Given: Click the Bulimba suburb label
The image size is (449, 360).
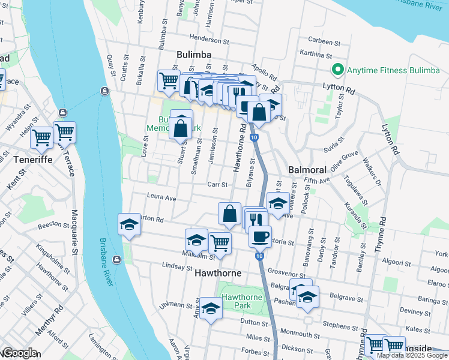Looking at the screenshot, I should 193,55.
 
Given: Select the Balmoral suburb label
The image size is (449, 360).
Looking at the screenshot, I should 307,170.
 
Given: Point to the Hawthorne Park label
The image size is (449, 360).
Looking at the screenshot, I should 242,302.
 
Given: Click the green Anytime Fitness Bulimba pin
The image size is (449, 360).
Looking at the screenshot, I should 339,70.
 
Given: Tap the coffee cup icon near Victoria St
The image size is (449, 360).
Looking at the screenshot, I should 260,236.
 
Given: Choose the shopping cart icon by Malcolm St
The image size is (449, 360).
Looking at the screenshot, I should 220,243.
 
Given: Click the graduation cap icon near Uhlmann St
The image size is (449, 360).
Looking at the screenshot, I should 211,308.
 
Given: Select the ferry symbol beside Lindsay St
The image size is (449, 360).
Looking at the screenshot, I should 116,260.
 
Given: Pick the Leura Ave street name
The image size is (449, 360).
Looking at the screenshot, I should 161,197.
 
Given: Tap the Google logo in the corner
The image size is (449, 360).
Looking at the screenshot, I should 20,353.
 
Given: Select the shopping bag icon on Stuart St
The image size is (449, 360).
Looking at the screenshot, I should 181,127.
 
